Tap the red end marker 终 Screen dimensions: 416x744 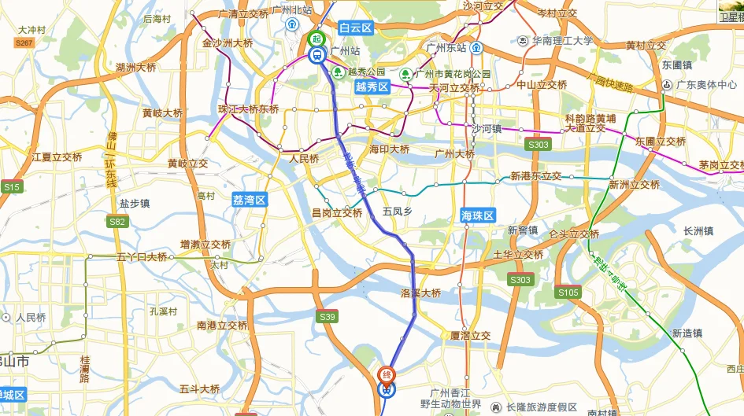click(387, 374)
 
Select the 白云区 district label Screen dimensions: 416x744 click(355, 28)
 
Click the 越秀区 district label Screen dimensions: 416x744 click(372, 87)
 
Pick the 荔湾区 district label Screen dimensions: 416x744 click(250, 200)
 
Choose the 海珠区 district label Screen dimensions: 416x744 click(477, 215)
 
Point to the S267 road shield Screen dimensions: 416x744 click(24, 42)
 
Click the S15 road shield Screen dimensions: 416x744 click(12, 187)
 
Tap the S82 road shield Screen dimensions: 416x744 click(118, 222)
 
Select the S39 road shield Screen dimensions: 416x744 click(328, 316)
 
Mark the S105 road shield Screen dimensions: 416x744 click(568, 293)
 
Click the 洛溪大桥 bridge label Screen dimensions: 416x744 click(420, 293)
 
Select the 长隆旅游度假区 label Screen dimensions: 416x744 click(542, 407)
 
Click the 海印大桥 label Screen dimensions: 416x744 click(390, 149)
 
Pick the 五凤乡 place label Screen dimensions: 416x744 click(397, 212)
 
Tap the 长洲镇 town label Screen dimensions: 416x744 click(698, 231)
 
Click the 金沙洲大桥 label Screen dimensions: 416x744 click(228, 43)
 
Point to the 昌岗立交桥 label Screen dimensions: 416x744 click(337, 212)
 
